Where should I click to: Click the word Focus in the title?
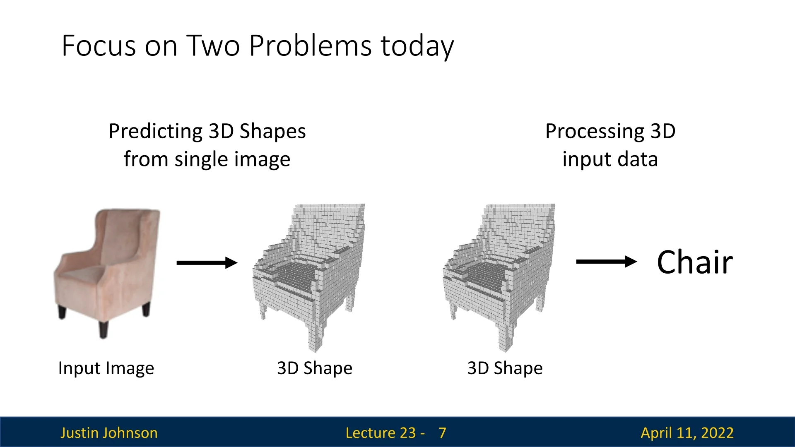(x=99, y=46)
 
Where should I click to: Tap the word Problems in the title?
(x=311, y=46)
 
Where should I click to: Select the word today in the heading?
(x=417, y=46)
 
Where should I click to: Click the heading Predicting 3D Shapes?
(x=207, y=132)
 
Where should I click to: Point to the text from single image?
(x=207, y=159)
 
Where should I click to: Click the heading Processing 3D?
(x=610, y=132)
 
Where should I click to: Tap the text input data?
(x=610, y=159)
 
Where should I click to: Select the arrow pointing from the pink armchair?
(x=207, y=263)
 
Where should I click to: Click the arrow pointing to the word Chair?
(x=607, y=262)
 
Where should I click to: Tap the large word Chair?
(x=695, y=262)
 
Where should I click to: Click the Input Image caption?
(x=106, y=368)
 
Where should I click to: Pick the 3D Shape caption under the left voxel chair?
(x=315, y=368)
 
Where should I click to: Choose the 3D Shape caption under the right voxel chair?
(x=505, y=368)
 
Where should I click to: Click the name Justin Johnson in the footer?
(x=109, y=433)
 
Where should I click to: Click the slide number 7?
(x=443, y=433)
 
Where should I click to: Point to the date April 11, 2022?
(x=687, y=433)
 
